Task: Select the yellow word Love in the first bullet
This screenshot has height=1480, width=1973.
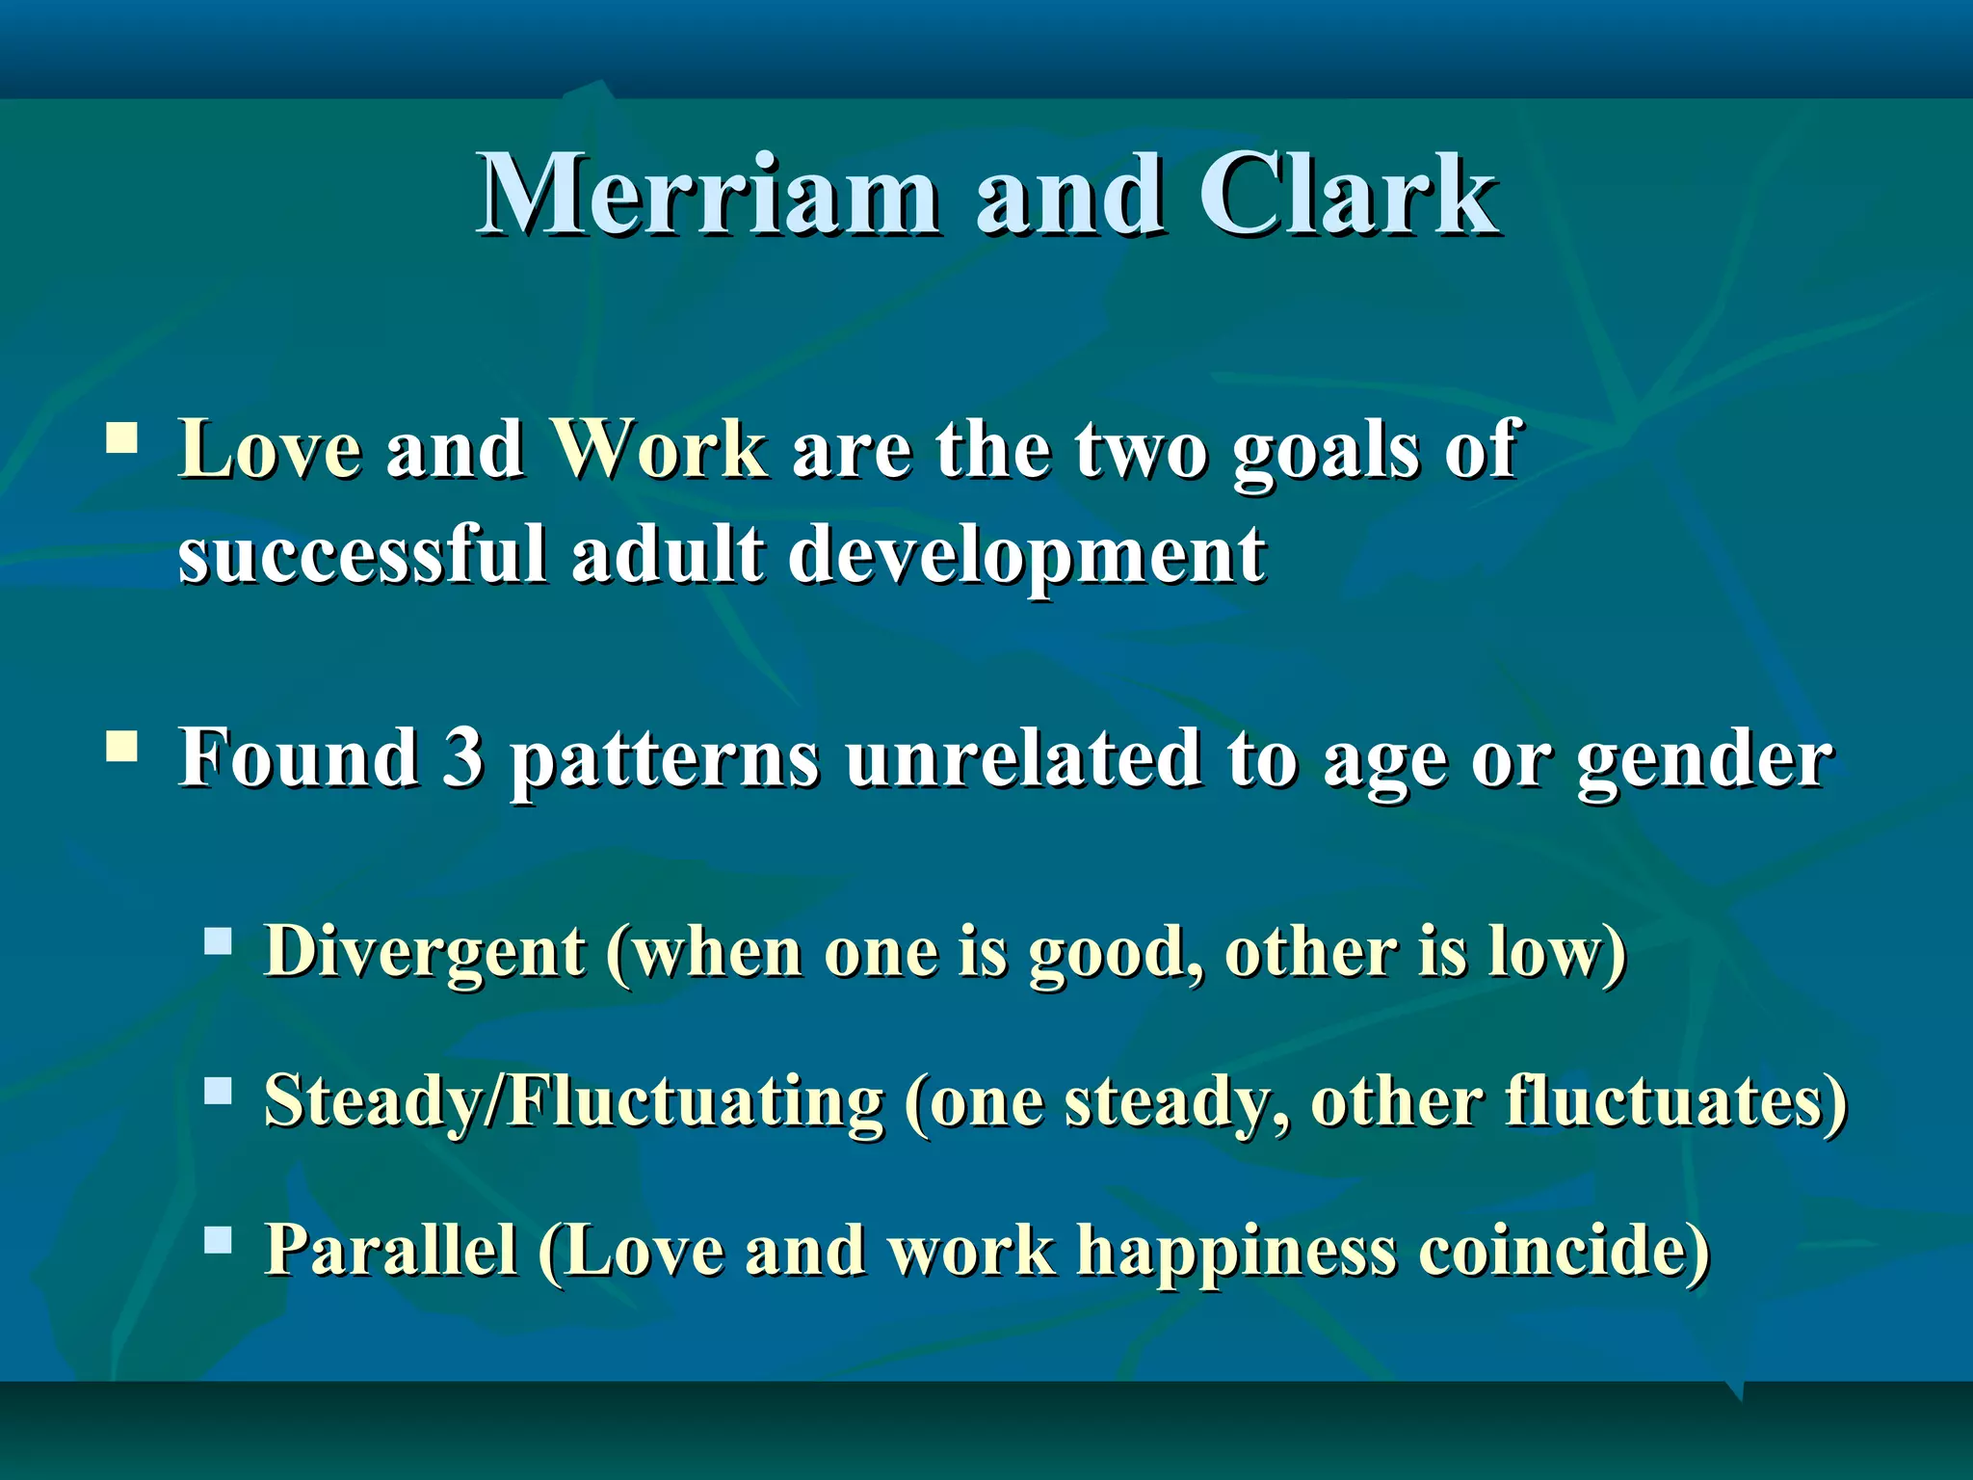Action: coord(270,449)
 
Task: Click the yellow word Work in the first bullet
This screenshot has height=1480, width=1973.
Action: coord(658,449)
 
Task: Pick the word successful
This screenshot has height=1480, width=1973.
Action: coord(362,555)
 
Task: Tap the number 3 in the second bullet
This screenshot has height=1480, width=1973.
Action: coord(463,757)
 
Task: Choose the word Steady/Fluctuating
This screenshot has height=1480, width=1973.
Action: coord(573,1101)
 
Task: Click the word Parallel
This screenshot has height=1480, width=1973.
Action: coord(390,1250)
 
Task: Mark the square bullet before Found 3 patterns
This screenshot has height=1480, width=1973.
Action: coord(121,746)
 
